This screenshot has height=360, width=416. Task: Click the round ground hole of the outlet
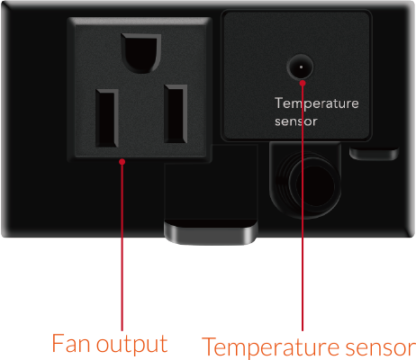point(141,53)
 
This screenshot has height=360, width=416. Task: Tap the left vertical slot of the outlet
point(107,119)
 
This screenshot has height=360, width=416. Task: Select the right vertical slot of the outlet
point(176,113)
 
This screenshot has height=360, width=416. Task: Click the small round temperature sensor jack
point(300,67)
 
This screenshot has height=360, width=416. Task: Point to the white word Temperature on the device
point(317,103)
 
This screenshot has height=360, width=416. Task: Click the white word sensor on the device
point(296,121)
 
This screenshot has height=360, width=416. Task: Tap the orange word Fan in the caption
point(71,343)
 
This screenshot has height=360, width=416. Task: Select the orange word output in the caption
point(131,345)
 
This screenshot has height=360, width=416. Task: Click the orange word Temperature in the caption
point(270,347)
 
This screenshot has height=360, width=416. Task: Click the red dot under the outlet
point(122,162)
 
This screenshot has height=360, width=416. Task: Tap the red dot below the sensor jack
point(303,83)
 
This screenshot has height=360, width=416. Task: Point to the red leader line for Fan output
point(122,246)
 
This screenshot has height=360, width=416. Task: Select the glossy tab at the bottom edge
point(211,232)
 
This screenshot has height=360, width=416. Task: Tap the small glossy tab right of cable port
point(374,154)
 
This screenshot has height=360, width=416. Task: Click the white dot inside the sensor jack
point(301,67)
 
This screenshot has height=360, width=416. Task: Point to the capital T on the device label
point(279,103)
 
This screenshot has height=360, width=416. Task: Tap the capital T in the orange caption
point(210,346)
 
